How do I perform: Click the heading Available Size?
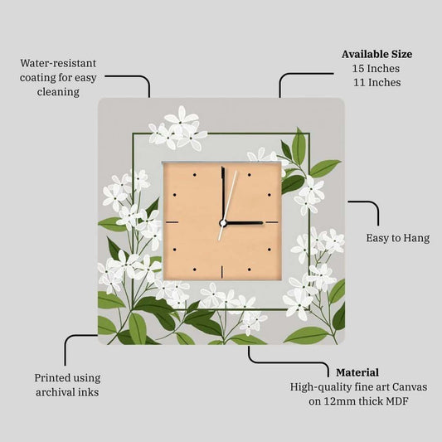tap(376, 54)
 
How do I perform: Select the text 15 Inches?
tap(376, 69)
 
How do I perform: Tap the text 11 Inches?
tap(376, 83)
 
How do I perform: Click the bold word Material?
tap(357, 372)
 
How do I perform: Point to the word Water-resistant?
tap(58, 63)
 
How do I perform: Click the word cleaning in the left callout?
tap(58, 92)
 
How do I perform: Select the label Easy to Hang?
tap(398, 238)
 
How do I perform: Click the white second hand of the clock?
tap(228, 205)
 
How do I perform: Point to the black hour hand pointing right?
tap(244, 223)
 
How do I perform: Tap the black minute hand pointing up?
tap(223, 194)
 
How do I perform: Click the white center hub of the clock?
tap(223, 223)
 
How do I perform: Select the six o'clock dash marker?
tap(222, 272)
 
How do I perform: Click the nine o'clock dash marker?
tap(172, 222)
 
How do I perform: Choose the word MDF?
tap(397, 401)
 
